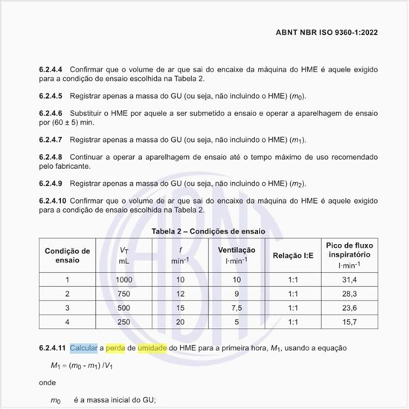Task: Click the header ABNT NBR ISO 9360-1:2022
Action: (x=335, y=33)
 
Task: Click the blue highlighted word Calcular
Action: (x=83, y=348)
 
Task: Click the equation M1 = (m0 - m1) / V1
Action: (x=82, y=367)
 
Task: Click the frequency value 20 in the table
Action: (x=179, y=322)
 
